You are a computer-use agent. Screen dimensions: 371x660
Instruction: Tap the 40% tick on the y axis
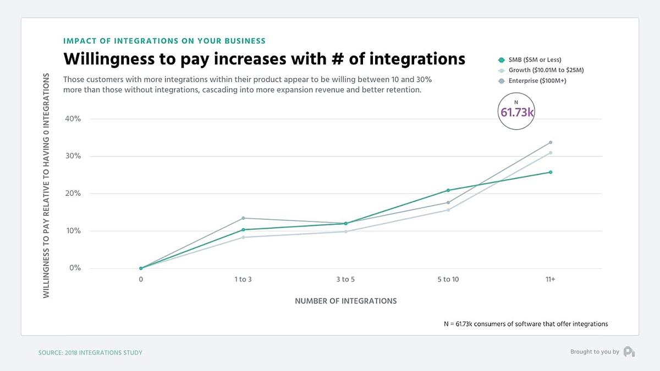[x=74, y=119]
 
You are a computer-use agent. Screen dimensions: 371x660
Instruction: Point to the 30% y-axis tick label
[x=74, y=156]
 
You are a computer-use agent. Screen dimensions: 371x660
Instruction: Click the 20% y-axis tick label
[x=74, y=193]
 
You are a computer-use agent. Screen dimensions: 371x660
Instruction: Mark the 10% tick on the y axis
[x=74, y=231]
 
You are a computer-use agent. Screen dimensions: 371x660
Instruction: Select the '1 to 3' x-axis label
[x=243, y=279]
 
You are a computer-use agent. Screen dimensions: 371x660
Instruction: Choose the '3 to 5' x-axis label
[x=345, y=279]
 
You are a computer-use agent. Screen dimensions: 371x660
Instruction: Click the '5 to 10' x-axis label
[x=448, y=279]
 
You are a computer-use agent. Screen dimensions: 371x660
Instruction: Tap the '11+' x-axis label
[x=550, y=279]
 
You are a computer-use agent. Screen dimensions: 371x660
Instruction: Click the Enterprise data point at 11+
[x=551, y=142]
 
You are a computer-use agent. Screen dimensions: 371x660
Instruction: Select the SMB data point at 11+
[x=551, y=172]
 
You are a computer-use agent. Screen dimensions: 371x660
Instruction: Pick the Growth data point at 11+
[x=551, y=153]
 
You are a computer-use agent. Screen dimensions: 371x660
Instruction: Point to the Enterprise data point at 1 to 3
[x=243, y=218]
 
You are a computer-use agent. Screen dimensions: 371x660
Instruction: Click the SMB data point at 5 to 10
[x=448, y=190]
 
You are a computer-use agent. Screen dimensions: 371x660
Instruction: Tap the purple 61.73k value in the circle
[x=517, y=112]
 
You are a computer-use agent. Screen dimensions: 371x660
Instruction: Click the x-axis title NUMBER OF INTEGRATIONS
[x=345, y=301]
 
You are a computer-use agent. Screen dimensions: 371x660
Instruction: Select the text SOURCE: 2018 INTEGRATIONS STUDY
[x=90, y=352]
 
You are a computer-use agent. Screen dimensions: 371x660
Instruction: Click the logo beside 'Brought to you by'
[x=629, y=352]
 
